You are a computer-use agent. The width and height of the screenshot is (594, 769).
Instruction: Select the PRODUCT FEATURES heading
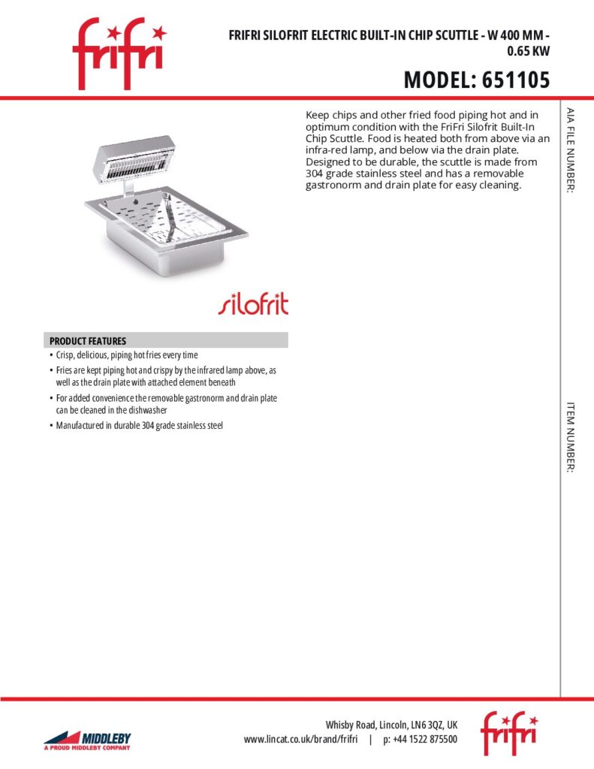[88, 341]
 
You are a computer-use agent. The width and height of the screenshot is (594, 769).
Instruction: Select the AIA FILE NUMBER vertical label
[571, 151]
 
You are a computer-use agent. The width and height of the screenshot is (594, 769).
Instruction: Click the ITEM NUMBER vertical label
[571, 436]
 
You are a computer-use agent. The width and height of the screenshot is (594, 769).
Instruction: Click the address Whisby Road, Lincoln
[390, 725]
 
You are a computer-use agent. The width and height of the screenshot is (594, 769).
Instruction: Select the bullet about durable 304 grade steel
[140, 426]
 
